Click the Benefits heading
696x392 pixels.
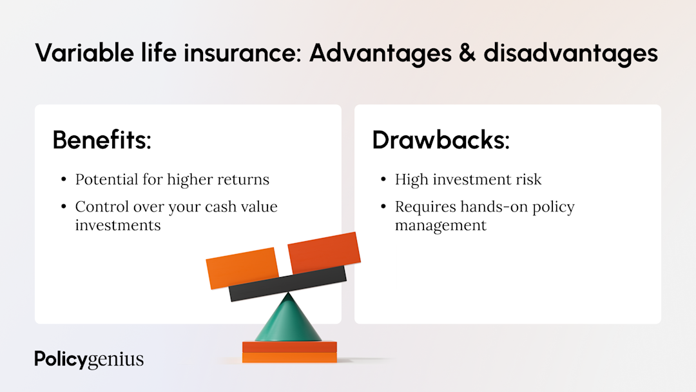point(102,140)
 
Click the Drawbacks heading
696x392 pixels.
point(441,140)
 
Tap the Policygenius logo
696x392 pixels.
point(89,359)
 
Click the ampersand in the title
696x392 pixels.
point(468,53)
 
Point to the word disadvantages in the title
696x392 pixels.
point(570,53)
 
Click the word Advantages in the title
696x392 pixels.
point(380,53)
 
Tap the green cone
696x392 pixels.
point(288,320)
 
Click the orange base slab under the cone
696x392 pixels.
point(289,352)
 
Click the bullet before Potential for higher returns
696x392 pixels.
point(63,180)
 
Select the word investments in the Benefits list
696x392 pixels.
point(118,225)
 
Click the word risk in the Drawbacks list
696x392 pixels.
point(527,179)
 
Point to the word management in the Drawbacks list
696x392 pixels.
point(441,226)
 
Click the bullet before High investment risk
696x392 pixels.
point(383,180)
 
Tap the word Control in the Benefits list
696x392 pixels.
point(100,206)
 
